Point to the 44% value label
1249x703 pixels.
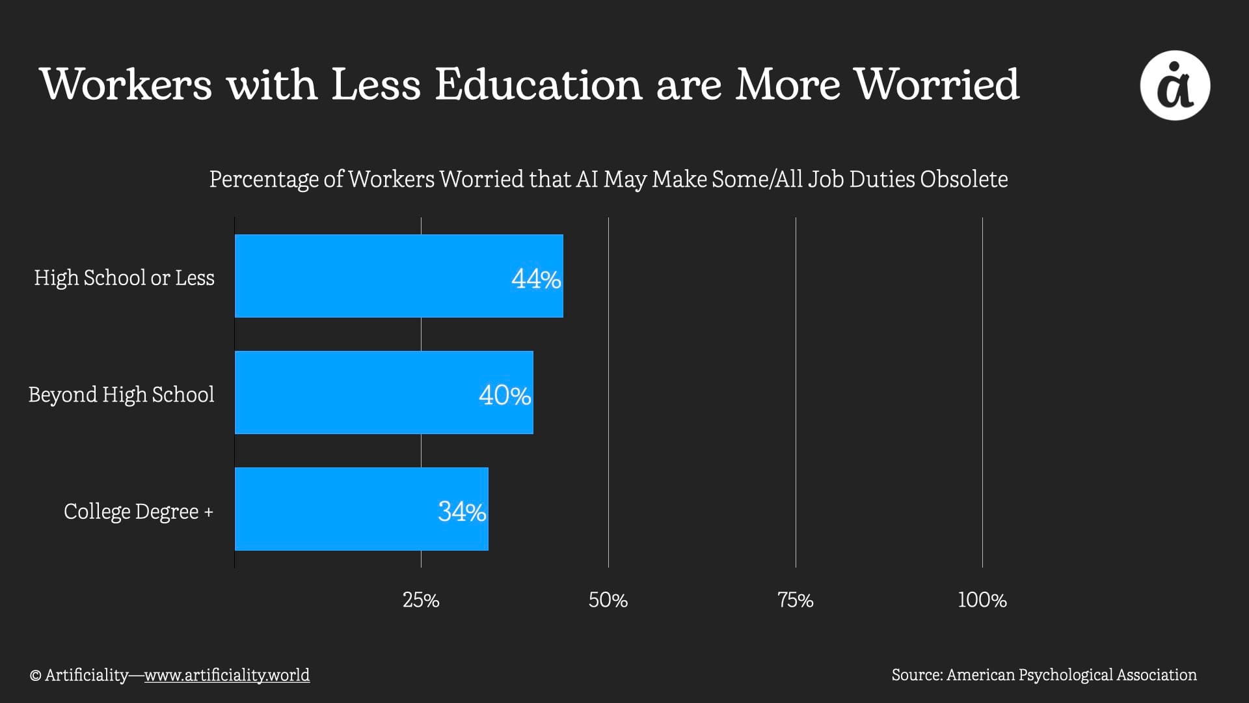(536, 279)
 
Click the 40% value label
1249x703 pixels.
(505, 395)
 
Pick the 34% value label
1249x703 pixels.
(462, 512)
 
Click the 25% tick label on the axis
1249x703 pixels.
(421, 600)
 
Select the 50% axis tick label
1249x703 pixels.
(608, 600)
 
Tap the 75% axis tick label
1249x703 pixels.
(796, 600)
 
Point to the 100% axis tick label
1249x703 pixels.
(982, 600)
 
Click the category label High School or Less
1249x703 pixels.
(124, 278)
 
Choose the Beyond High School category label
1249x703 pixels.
(121, 394)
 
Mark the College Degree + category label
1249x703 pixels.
(139, 512)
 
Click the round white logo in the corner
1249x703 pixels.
(1175, 85)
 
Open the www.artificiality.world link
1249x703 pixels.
(227, 675)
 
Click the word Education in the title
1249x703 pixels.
(539, 85)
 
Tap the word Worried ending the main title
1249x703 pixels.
(937, 85)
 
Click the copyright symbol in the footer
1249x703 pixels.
(35, 676)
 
